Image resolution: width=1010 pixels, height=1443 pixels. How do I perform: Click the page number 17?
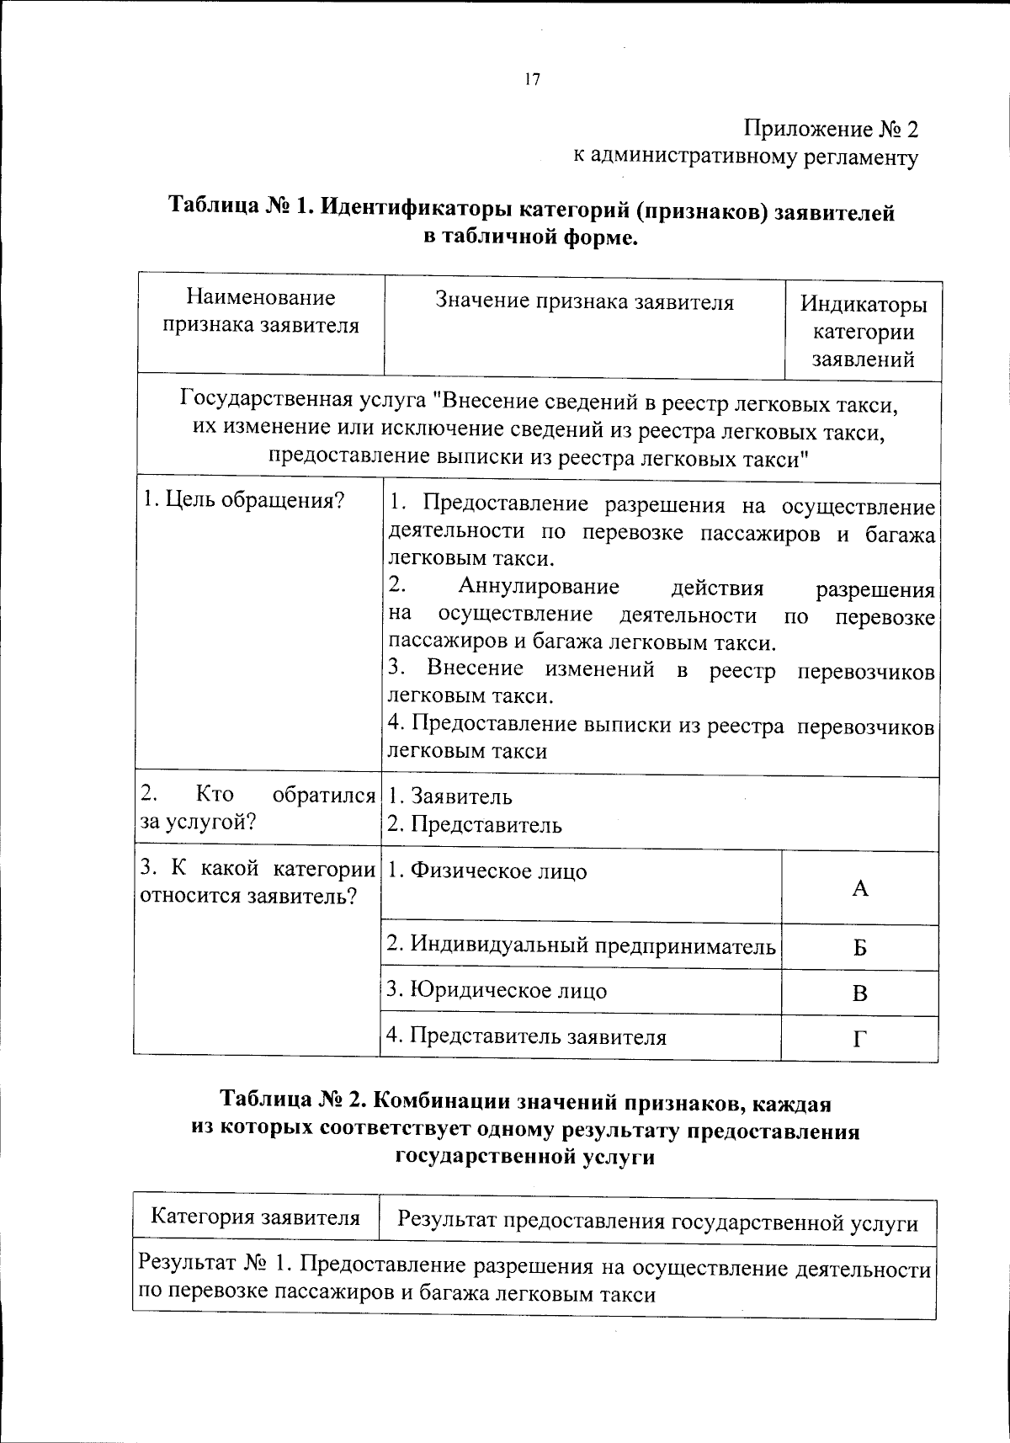tap(531, 80)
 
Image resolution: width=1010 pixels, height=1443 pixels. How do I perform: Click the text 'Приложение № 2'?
tap(830, 129)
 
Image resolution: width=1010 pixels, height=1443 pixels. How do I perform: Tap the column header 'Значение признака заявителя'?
tap(584, 302)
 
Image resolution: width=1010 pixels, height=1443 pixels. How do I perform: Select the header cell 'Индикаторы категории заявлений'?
tap(863, 331)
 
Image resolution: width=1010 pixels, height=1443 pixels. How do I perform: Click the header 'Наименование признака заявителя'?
tap(261, 311)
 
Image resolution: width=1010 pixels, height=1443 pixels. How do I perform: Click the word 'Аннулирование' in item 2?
tap(539, 587)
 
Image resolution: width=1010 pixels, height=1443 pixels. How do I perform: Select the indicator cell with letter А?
tap(859, 888)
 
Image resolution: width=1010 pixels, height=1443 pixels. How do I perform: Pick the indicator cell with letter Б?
tap(859, 948)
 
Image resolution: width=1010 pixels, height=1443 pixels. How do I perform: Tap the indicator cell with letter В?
tap(859, 993)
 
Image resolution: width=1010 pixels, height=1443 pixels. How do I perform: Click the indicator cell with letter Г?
tap(859, 1039)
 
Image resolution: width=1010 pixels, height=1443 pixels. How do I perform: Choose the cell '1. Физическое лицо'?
tap(487, 871)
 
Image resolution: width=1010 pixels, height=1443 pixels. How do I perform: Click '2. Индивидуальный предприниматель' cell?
tap(581, 945)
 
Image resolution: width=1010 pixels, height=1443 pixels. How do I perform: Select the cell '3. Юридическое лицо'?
tap(497, 990)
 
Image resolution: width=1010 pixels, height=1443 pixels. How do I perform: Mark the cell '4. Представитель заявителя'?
tap(526, 1036)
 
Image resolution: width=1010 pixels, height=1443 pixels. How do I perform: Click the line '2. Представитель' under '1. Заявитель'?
tap(475, 824)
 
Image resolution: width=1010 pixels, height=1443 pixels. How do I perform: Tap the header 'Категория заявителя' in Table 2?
tap(255, 1217)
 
